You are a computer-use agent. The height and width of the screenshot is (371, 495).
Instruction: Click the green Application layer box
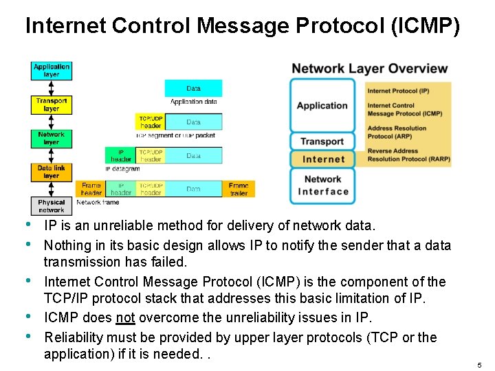(52, 70)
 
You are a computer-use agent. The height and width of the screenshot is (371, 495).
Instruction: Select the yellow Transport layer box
(52, 104)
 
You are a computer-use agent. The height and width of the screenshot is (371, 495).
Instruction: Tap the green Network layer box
(52, 139)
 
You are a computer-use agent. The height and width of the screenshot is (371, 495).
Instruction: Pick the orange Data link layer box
(52, 172)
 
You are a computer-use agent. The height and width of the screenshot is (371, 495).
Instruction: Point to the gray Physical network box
(52, 206)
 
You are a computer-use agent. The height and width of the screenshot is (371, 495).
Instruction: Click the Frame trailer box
(239, 189)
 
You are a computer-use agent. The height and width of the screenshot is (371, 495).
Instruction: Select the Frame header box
(91, 189)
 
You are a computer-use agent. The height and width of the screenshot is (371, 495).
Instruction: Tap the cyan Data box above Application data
(193, 89)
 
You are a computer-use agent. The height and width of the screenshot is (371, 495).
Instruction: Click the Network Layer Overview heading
(369, 69)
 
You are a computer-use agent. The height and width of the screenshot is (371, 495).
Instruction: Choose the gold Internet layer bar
(323, 159)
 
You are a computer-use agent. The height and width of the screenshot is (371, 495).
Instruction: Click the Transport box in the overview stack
(322, 142)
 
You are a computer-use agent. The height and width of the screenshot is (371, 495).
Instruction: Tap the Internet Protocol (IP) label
(398, 91)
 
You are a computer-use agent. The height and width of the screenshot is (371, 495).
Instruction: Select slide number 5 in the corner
(478, 365)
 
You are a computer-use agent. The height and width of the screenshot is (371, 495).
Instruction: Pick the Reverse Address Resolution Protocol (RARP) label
(408, 155)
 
